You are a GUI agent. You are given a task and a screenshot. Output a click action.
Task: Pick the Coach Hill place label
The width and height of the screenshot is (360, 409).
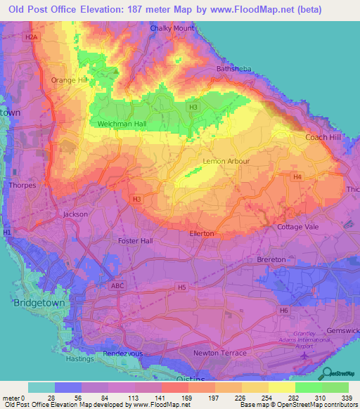point(322,137)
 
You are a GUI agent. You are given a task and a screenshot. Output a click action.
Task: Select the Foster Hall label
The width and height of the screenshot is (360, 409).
point(136,240)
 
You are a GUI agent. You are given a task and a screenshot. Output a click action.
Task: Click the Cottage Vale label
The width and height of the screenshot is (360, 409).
point(297,227)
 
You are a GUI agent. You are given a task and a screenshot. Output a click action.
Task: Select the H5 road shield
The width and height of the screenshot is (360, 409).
point(181,287)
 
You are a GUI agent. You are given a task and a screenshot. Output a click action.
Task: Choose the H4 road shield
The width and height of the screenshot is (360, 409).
point(298,176)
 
